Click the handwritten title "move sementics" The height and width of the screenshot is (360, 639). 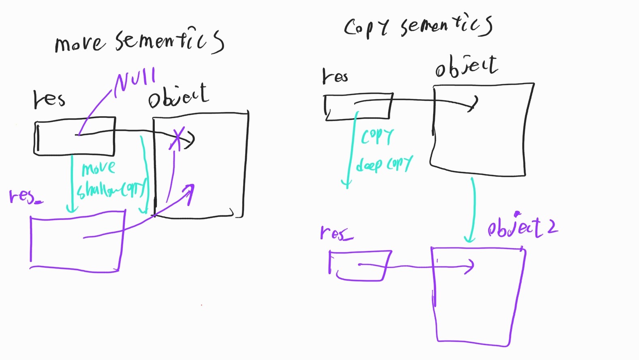click(139, 41)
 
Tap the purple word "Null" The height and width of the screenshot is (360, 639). click(135, 81)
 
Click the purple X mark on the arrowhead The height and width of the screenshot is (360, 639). click(177, 138)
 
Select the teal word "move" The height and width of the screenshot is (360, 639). click(98, 168)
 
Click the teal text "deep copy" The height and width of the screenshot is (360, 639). click(384, 164)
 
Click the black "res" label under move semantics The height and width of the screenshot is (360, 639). click(49, 100)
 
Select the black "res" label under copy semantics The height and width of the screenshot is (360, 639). click(335, 76)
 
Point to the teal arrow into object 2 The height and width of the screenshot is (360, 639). click(472, 211)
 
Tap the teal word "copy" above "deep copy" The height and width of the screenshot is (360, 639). click(377, 136)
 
